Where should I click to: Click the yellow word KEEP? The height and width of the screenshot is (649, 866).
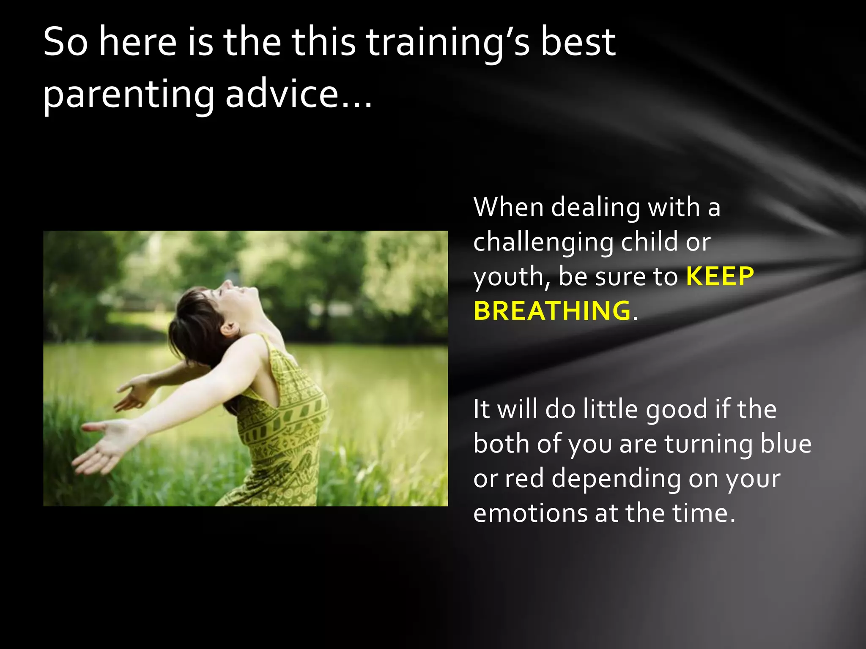720,276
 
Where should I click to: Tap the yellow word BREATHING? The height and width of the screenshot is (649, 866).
552,311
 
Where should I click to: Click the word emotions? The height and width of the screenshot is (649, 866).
530,513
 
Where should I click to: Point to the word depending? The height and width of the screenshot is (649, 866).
616,479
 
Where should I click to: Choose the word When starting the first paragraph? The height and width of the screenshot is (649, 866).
508,207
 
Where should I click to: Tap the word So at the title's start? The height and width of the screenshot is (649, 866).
66,42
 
